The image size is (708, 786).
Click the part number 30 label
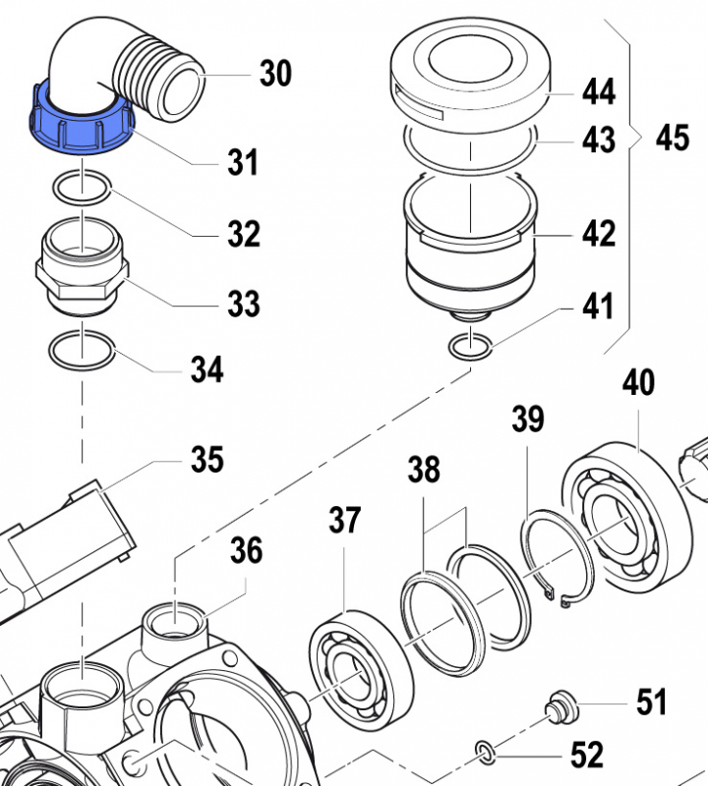pyautogui.click(x=275, y=73)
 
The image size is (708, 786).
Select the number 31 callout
pyautogui.click(x=242, y=161)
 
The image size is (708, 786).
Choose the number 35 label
pyautogui.click(x=206, y=459)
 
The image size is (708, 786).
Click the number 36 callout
pyautogui.click(x=247, y=551)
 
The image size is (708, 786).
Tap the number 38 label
pyautogui.click(x=425, y=471)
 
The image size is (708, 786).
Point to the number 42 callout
pyautogui.click(x=598, y=234)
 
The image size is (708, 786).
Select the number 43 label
pyautogui.click(x=598, y=140)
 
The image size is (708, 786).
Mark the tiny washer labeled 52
pyautogui.click(x=486, y=753)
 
